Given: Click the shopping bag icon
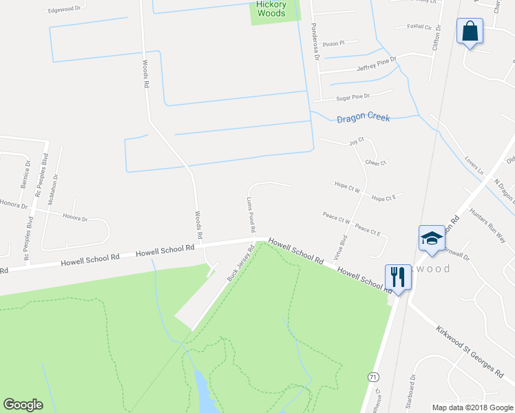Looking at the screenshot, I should pos(470,32).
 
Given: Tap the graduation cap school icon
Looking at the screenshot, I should pos(432,238).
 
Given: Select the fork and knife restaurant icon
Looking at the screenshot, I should pos(397,277).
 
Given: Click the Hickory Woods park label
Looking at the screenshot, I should pos(271,9).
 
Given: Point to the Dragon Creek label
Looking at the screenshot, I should pos(363,118).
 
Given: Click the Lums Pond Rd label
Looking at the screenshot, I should pos(251,214).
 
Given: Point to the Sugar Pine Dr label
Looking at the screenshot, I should pos(353,98).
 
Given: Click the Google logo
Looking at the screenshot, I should pos(23,405).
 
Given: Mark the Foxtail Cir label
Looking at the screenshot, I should pos(423,28).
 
